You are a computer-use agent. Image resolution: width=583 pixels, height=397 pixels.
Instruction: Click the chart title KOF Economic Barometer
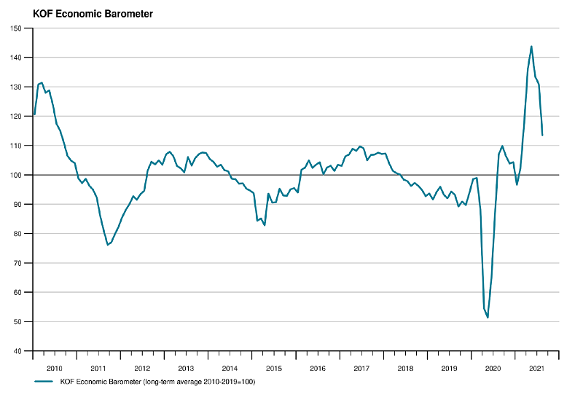click(x=93, y=14)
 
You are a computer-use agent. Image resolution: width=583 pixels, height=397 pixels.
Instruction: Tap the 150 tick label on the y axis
click(x=16, y=28)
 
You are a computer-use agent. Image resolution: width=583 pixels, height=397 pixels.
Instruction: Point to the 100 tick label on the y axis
click(x=16, y=175)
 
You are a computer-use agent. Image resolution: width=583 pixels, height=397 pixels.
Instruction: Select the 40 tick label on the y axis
click(x=17, y=351)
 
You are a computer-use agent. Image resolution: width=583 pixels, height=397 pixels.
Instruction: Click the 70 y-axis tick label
click(x=17, y=263)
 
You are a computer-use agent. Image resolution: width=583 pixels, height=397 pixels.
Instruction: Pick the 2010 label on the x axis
click(x=54, y=369)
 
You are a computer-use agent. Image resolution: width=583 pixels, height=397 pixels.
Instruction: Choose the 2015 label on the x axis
click(x=274, y=369)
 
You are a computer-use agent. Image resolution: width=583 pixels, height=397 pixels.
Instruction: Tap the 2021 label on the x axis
click(x=536, y=369)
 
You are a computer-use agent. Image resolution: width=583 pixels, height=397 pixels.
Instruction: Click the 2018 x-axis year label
click(x=405, y=369)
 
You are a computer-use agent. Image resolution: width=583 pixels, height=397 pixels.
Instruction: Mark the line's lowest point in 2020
click(x=488, y=318)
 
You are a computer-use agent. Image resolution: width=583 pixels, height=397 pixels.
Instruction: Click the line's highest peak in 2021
click(x=531, y=47)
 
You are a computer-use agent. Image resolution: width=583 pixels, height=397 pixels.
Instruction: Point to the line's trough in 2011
click(x=108, y=245)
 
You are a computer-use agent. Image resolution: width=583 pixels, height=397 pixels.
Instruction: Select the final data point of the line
click(x=542, y=135)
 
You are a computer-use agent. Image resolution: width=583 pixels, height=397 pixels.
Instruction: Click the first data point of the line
click(x=34, y=114)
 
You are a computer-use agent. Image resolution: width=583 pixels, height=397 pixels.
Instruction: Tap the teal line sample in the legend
click(x=44, y=382)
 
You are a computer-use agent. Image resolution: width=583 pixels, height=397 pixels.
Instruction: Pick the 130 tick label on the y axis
click(x=16, y=87)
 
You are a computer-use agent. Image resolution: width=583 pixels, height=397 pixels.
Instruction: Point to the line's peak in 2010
click(x=42, y=83)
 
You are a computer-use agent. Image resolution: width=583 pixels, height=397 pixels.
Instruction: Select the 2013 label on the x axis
click(x=186, y=369)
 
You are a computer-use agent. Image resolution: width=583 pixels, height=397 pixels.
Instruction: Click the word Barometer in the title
click(x=129, y=14)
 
